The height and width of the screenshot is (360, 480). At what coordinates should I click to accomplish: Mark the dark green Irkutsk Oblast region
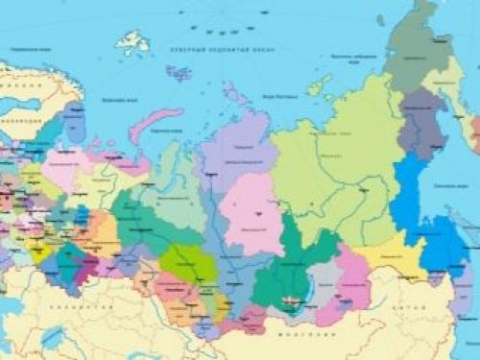click(283, 264)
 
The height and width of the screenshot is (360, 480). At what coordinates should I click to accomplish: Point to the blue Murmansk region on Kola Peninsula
click(73, 122)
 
